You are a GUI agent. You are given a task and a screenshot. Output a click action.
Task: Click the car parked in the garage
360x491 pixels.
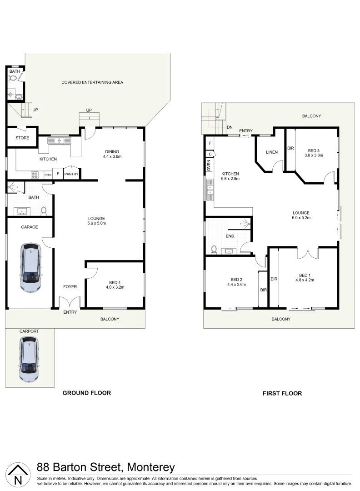(30, 268)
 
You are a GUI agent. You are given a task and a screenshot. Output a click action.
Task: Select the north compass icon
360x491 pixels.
(17, 475)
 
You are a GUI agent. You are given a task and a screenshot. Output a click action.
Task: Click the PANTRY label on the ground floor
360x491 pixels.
(71, 174)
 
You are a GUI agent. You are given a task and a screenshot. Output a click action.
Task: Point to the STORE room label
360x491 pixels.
(22, 138)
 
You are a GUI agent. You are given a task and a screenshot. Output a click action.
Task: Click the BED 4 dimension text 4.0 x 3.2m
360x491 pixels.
(115, 287)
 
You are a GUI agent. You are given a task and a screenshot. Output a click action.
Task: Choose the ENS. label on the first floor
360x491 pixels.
(230, 236)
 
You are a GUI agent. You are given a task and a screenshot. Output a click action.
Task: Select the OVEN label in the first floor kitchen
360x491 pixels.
(209, 165)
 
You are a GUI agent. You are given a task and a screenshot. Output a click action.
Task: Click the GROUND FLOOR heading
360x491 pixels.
(86, 393)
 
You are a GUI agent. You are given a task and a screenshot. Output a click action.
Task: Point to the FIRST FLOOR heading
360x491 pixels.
(282, 393)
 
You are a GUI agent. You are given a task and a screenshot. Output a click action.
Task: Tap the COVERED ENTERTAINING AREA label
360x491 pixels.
(92, 82)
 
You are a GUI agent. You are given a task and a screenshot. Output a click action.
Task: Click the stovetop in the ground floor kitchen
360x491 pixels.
(35, 174)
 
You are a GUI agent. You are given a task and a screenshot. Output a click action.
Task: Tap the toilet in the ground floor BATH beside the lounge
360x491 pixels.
(44, 210)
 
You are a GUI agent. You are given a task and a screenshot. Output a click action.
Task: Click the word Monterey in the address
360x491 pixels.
(150, 467)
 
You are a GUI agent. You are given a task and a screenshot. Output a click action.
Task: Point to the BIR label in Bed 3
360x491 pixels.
(290, 148)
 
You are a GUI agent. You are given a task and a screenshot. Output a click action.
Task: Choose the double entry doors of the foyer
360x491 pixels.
(70, 302)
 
